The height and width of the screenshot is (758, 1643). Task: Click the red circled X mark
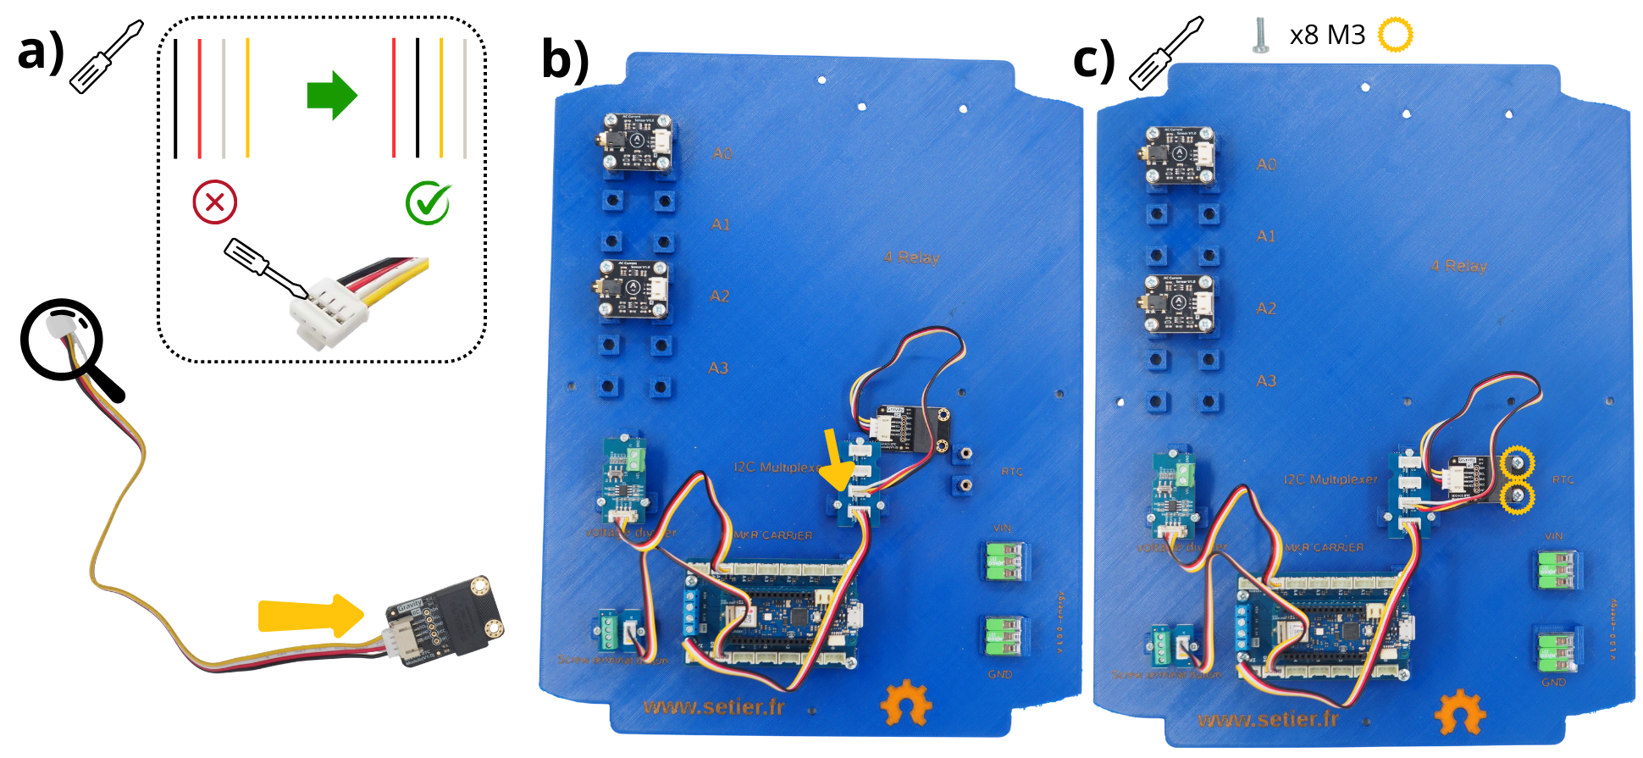click(214, 202)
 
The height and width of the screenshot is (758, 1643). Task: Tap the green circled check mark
click(428, 202)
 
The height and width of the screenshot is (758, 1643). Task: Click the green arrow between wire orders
click(332, 95)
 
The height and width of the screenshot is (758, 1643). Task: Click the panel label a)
click(41, 53)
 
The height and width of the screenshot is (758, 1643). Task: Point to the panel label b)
click(566, 61)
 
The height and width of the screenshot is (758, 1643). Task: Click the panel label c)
click(1094, 61)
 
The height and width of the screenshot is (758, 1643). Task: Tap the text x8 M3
click(1327, 36)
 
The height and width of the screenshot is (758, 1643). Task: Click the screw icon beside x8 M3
click(1260, 36)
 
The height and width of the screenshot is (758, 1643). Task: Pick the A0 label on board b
click(722, 154)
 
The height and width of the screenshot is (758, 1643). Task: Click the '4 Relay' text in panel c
click(1459, 266)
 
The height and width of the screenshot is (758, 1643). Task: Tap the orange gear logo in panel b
click(905, 702)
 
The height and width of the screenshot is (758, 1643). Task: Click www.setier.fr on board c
click(1268, 720)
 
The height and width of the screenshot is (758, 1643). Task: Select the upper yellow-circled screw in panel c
click(1518, 462)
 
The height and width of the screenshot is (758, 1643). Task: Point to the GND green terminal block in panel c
click(1556, 650)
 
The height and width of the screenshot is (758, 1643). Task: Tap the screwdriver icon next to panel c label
click(1165, 53)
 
